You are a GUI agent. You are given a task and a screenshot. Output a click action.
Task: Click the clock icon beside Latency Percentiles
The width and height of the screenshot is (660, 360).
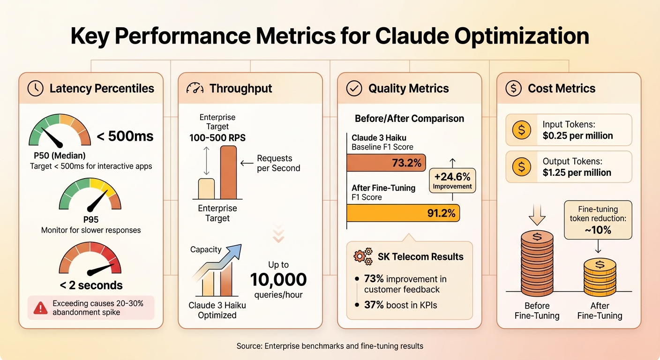pos(36,89)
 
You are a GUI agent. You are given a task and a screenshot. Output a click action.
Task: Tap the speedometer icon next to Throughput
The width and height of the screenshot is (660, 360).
pos(195,89)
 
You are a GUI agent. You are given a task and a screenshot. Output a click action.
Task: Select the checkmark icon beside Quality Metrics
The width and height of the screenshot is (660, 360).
pos(354,89)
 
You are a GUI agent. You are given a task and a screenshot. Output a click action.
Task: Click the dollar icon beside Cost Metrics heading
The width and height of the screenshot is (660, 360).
pos(513,89)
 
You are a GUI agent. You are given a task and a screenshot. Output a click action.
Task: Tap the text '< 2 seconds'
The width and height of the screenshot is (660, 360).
pos(91,285)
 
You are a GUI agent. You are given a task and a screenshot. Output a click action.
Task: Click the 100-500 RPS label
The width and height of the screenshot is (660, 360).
pos(217,138)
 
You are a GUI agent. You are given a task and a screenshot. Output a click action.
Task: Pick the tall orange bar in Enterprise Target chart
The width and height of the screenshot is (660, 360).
pos(228,172)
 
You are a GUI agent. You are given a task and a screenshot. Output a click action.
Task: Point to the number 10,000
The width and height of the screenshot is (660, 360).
pos(278,280)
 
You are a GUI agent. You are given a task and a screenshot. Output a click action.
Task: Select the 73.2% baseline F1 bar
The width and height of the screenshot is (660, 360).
pos(386,163)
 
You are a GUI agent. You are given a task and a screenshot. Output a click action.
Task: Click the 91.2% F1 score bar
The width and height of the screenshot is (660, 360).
pos(403,213)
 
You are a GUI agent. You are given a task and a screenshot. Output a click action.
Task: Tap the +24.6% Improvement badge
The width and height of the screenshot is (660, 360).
pos(452,180)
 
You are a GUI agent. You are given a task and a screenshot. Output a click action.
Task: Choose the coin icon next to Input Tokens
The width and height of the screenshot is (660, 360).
pos(522,130)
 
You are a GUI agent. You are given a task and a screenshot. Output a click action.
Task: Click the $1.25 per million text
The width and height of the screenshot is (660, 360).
pos(577,172)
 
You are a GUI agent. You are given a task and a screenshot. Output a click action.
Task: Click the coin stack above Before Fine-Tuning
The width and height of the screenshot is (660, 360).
pos(537,262)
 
